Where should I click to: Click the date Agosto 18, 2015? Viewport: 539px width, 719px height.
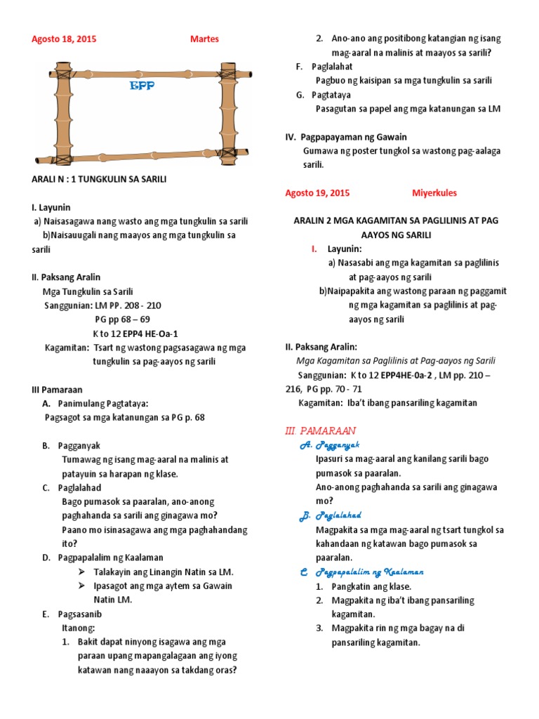64,39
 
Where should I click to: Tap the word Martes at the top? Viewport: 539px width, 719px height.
204,39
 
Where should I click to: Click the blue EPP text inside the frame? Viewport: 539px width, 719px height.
142,86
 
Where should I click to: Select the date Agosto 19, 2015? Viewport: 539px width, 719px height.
317,193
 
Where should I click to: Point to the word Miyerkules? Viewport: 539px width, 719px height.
434,193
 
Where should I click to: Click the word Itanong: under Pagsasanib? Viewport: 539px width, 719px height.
78,628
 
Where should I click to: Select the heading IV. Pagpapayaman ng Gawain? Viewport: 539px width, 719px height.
346,137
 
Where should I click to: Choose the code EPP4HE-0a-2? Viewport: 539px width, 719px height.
398,375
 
